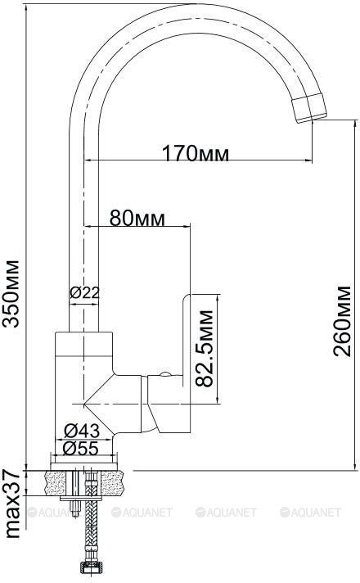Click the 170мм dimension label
point(196,153)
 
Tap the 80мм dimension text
point(137,219)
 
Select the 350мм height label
point(11,294)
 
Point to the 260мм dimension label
point(341,321)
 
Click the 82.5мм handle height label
point(205,348)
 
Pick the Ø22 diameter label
point(85,293)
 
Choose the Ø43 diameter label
point(82,431)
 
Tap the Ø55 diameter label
point(81,448)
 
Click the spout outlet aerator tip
point(309,109)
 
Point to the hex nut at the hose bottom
point(89,569)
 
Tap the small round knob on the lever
point(165,374)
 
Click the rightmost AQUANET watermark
point(310,513)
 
